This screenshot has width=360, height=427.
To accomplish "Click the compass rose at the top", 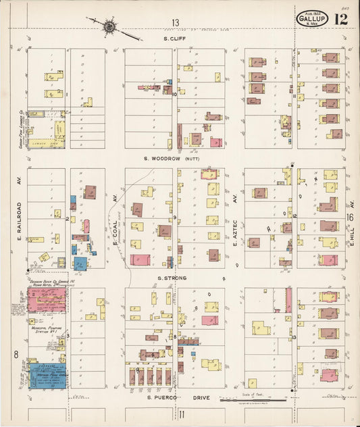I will (x=109, y=26).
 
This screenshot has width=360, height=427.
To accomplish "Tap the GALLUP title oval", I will (x=311, y=20).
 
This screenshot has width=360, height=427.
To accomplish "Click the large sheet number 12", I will (x=340, y=18).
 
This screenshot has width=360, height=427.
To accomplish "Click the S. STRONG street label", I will (x=172, y=278).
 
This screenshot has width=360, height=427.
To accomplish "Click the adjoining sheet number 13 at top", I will (x=176, y=23).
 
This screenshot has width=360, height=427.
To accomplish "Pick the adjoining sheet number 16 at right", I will (x=350, y=218).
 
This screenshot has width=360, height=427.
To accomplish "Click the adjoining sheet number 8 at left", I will (x=15, y=353).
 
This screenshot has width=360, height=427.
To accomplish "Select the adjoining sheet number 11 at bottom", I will (x=182, y=414).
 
